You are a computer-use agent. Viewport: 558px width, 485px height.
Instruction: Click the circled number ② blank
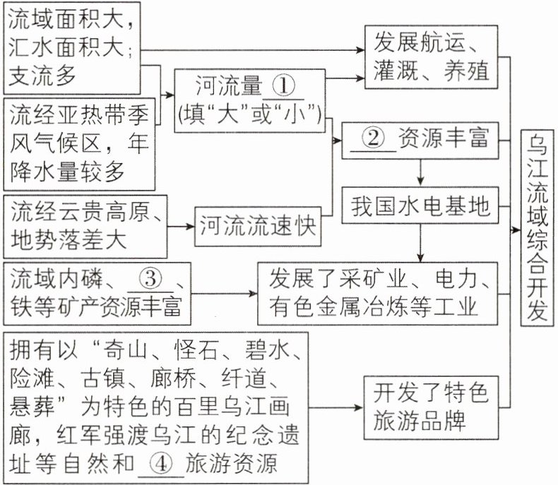(x=374, y=138)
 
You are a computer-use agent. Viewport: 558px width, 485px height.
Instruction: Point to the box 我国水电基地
(x=420, y=205)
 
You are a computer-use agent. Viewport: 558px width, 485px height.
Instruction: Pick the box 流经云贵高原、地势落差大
(x=85, y=225)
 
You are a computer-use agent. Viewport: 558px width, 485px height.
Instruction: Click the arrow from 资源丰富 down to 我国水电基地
(x=420, y=172)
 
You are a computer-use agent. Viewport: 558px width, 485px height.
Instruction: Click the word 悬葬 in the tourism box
(x=32, y=409)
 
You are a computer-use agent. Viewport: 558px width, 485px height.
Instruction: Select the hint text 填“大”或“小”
(x=251, y=112)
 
